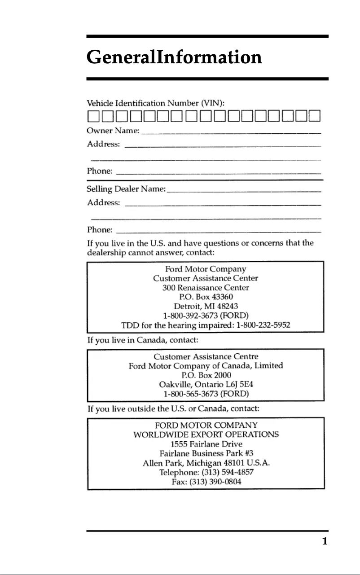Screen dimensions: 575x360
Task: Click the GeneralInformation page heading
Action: point(174,57)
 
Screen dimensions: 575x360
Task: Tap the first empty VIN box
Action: point(93,116)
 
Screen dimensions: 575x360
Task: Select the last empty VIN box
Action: point(314,116)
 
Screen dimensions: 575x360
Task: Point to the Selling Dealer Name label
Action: point(126,189)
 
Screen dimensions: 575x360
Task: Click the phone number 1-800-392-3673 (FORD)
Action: point(206,316)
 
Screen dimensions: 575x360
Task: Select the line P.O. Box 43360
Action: point(206,297)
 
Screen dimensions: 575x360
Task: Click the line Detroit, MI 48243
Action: point(206,306)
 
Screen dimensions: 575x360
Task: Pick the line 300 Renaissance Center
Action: point(206,287)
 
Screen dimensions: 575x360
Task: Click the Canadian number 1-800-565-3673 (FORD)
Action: point(206,394)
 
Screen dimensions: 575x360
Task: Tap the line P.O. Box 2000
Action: point(206,375)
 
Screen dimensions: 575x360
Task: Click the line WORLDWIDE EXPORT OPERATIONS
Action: point(206,435)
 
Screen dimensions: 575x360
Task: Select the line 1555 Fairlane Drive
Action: point(206,444)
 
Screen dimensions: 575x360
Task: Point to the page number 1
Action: point(325,541)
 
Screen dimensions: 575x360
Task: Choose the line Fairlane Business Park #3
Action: point(206,453)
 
